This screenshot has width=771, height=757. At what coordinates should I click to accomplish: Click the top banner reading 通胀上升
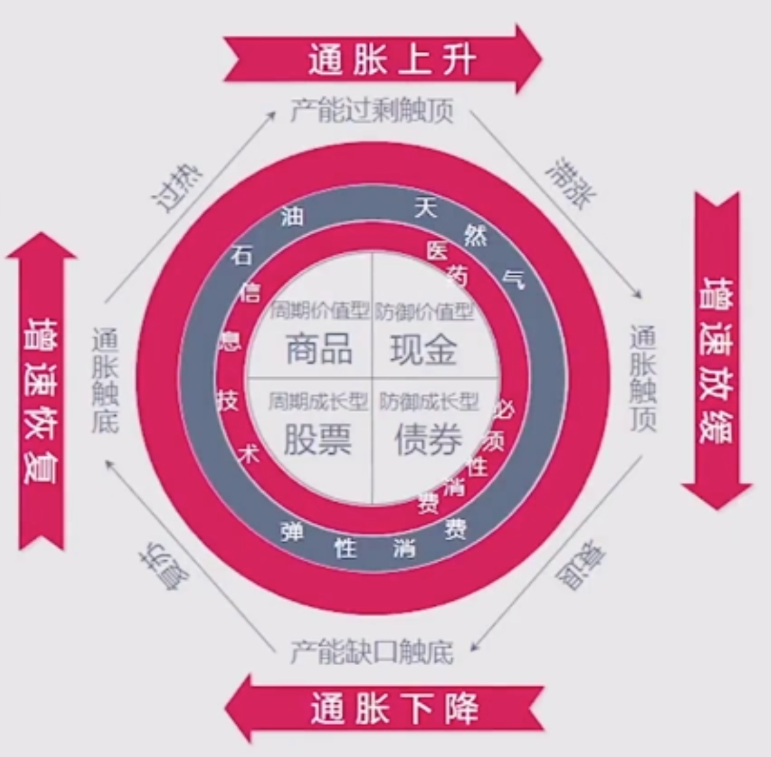click(x=391, y=59)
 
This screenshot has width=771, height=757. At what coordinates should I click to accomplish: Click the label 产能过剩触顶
click(x=372, y=110)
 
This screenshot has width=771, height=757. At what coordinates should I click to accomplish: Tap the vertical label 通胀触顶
click(x=643, y=377)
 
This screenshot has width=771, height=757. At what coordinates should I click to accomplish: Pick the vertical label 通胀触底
click(x=105, y=380)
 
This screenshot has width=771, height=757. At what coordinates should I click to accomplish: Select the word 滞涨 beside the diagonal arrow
click(x=571, y=182)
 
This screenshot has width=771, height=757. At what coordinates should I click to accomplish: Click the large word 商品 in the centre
click(x=319, y=349)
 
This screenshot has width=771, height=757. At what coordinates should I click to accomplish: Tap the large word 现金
click(x=423, y=349)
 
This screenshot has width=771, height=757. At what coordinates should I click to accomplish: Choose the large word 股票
click(x=318, y=440)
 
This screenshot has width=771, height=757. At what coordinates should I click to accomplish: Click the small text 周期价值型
click(x=319, y=311)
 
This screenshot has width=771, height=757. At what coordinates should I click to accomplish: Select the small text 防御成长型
click(x=429, y=402)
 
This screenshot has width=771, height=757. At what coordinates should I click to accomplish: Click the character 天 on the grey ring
click(x=425, y=208)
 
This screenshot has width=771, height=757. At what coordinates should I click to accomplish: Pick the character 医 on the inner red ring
click(x=437, y=251)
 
